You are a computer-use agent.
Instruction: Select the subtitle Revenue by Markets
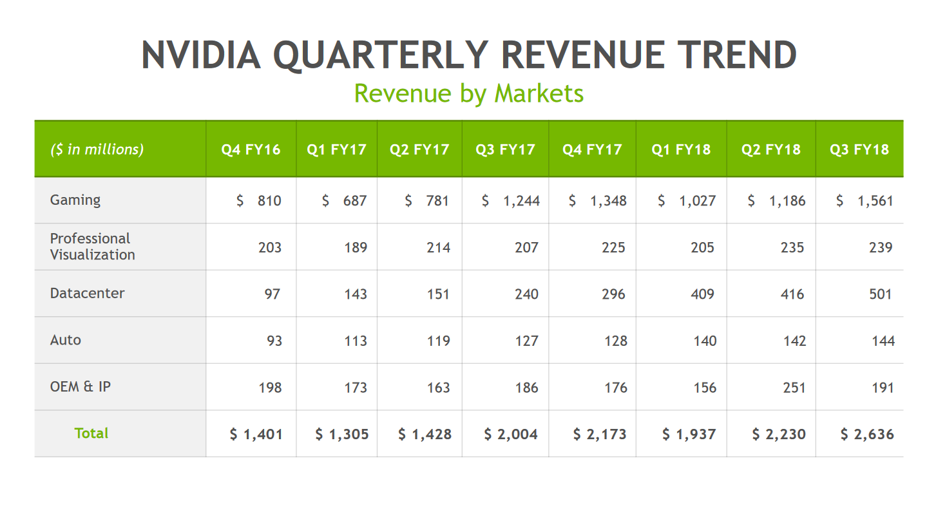coord(469,93)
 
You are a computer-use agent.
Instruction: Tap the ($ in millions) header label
coord(97,149)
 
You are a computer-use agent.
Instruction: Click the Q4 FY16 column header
coord(251,149)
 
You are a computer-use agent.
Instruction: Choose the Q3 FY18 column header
coord(859,149)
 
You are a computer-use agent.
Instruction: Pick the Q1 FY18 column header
coord(681,149)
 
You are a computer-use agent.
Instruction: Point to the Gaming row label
coord(75,200)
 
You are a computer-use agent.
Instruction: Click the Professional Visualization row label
coord(92,247)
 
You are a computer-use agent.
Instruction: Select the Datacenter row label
coord(87,294)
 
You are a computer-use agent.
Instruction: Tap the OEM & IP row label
coord(80,387)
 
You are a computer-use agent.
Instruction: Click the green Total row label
coord(91,433)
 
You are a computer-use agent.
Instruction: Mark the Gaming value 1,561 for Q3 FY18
coord(875,201)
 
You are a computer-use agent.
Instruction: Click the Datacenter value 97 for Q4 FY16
coord(272,294)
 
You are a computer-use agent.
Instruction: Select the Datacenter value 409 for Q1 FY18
coord(702,294)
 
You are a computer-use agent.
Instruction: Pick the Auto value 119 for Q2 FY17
coord(438,341)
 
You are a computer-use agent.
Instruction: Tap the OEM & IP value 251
coord(794,388)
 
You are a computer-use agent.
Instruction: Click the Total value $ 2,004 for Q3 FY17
coord(511,435)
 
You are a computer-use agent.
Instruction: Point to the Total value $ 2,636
coord(867,435)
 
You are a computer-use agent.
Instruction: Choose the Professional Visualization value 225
coord(613,247)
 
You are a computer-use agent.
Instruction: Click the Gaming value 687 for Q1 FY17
coord(354,201)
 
